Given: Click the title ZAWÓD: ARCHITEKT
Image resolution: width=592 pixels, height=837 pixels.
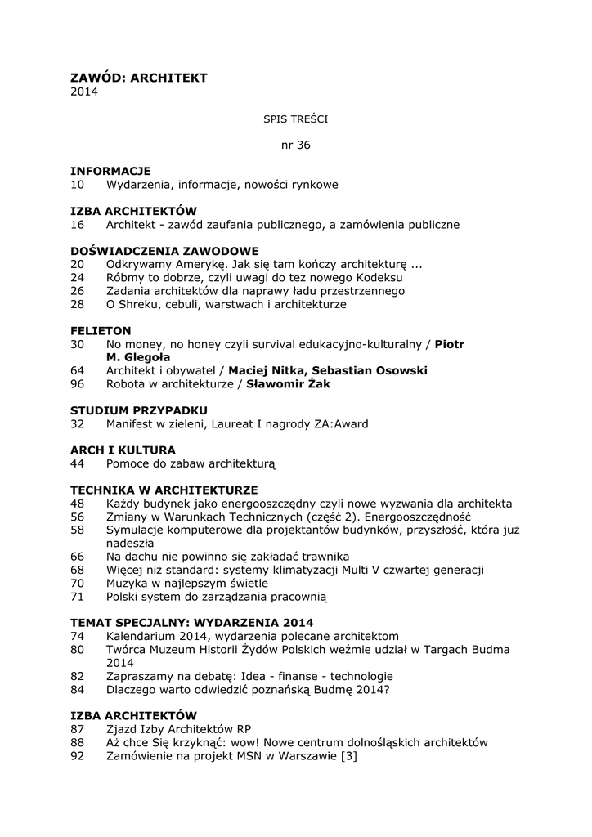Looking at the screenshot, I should (x=139, y=78).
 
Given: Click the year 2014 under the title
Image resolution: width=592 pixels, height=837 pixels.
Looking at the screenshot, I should (x=84, y=92).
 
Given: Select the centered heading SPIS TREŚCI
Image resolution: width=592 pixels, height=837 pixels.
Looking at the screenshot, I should (x=295, y=119).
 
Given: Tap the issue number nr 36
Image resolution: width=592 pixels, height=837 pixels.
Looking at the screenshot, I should (x=295, y=145).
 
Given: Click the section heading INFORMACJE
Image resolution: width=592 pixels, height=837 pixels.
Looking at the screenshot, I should (x=110, y=171).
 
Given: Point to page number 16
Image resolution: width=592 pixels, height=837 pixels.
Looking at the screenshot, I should (x=78, y=224).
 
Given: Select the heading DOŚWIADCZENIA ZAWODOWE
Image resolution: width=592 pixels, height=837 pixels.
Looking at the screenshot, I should (x=164, y=251).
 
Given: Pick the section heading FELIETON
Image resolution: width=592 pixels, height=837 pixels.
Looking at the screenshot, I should (x=101, y=330).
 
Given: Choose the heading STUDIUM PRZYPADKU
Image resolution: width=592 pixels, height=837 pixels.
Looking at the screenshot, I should (x=139, y=410).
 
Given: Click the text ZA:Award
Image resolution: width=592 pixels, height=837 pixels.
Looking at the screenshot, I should (x=343, y=423).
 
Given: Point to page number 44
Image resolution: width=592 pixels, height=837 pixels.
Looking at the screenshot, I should (x=78, y=463).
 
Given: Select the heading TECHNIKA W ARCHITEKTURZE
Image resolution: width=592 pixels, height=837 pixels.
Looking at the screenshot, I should (x=164, y=490).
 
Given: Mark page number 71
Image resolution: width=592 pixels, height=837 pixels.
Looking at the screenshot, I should (x=78, y=596).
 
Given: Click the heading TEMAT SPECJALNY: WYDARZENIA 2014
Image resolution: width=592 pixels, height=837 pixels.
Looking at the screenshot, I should (x=192, y=622).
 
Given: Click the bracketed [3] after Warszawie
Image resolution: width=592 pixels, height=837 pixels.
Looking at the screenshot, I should (x=348, y=756).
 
